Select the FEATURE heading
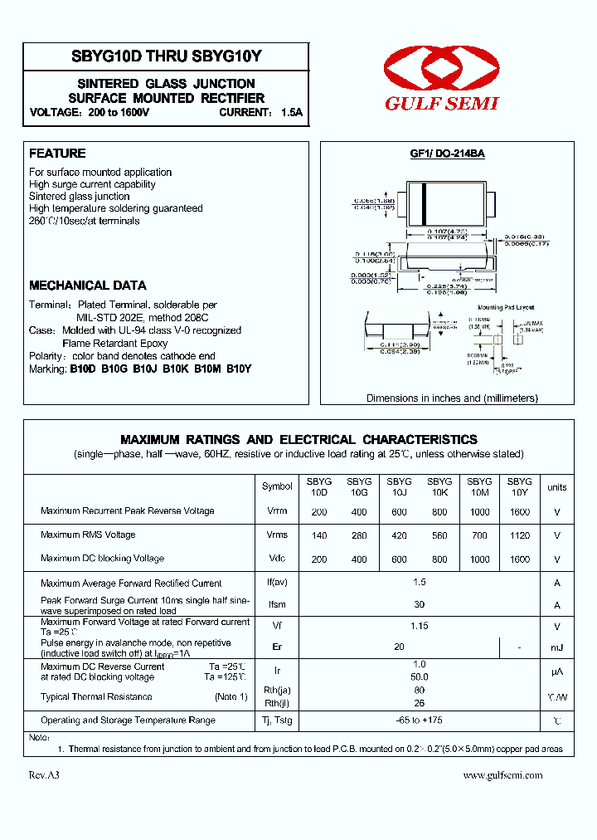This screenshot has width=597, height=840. pos(57,154)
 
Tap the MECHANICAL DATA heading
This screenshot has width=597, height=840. pos(88,286)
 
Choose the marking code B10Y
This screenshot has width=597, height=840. pos(239,369)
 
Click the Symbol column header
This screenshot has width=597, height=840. pos(277,487)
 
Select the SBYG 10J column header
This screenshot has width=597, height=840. pos(399,487)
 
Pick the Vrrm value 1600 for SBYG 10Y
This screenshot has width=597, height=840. pos(520,511)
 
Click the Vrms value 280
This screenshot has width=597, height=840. pos(359,535)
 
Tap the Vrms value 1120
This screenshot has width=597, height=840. pos(520,535)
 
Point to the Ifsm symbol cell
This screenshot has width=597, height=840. pos(277,605)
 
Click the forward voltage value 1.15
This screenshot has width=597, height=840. pos(420,627)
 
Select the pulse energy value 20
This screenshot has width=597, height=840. pos(399,647)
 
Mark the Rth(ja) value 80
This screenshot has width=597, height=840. pos(420,690)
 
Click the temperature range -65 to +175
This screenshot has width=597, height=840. pos(420,720)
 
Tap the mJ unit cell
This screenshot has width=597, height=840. pos(557,647)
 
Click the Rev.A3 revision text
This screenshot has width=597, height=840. pos(45,775)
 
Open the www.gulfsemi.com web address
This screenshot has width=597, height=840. pos(502,775)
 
